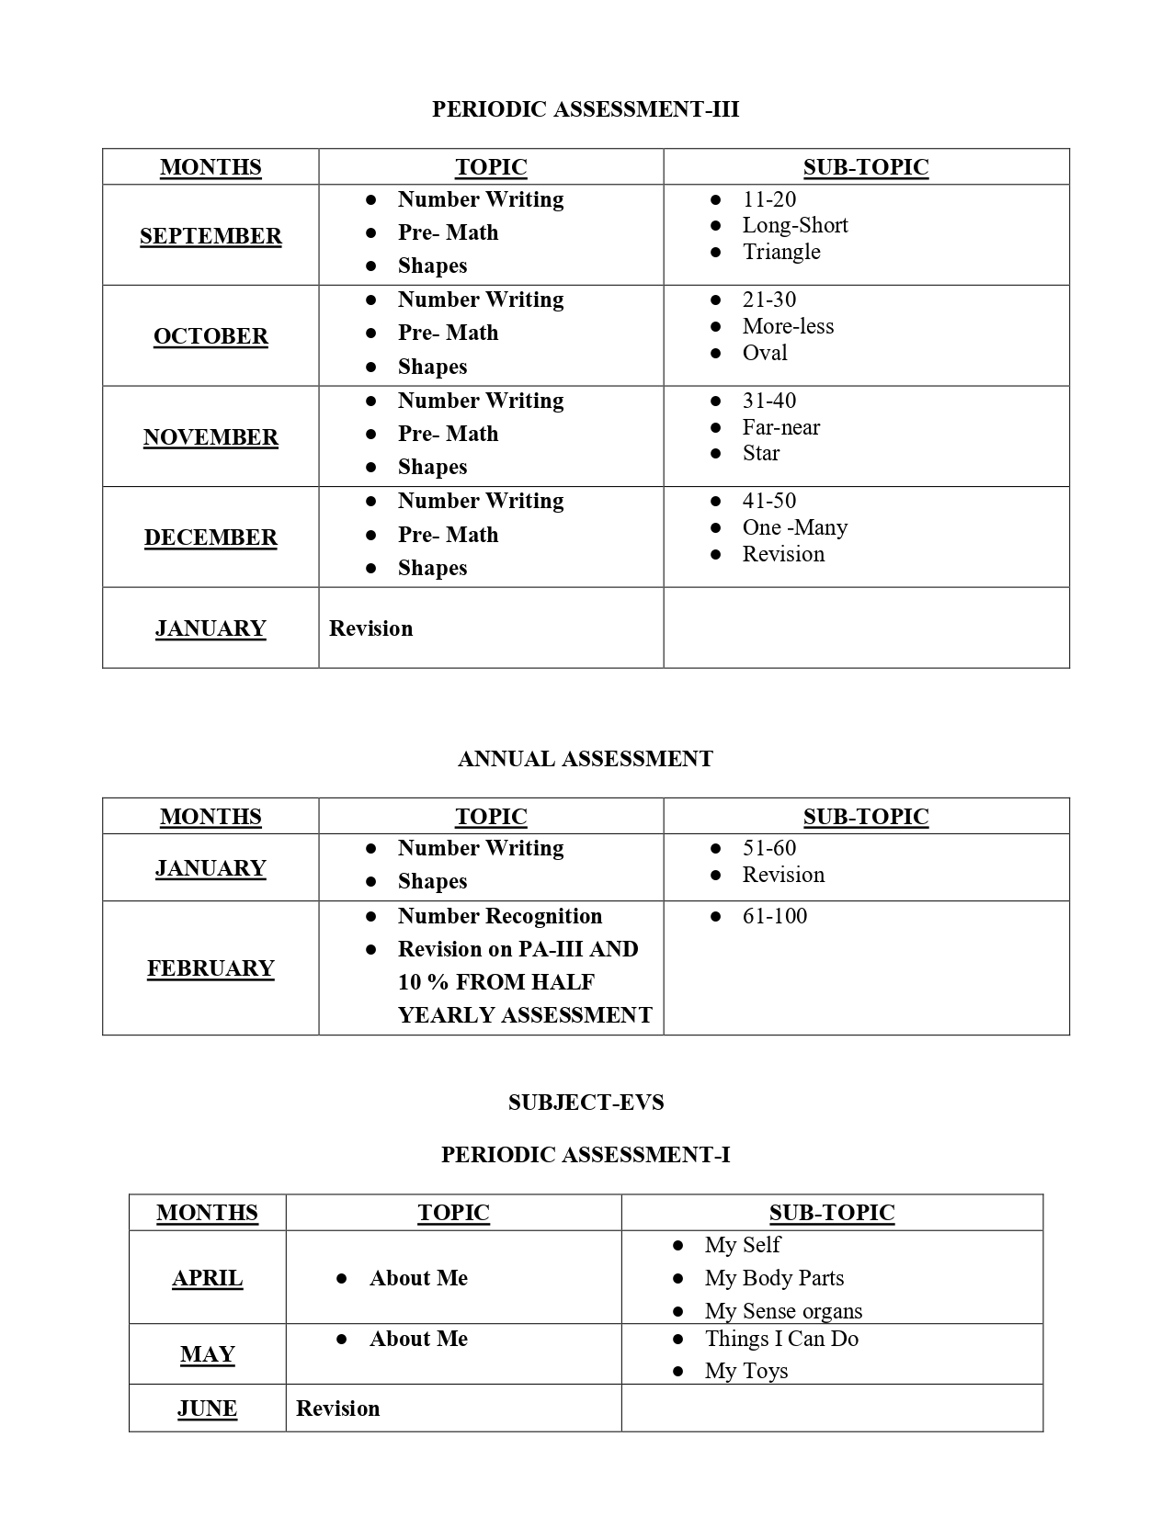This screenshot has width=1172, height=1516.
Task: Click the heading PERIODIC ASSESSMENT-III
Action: pos(586,109)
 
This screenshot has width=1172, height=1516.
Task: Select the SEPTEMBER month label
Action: pos(211,236)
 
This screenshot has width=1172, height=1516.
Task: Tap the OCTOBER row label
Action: pos(211,336)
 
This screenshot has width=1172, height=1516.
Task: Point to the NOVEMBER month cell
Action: pos(211,437)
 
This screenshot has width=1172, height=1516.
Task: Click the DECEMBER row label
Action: pos(211,537)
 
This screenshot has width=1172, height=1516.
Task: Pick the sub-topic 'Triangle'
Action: pos(781,252)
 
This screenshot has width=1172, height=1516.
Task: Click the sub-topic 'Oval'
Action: pos(765,353)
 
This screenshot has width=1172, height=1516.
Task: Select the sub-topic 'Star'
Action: pos(761,453)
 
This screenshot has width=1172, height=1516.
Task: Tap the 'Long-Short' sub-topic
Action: pos(795,225)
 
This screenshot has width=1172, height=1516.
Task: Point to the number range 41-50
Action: pos(769,501)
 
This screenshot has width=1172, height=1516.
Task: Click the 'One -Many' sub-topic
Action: pos(795,527)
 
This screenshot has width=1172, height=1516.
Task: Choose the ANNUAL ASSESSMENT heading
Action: pos(586,759)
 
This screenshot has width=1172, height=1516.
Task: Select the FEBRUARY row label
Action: pos(211,968)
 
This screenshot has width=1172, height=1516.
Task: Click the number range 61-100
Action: pos(775,916)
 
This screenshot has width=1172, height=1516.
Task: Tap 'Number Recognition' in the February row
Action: pos(500,916)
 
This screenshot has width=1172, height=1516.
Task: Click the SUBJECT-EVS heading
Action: pos(586,1103)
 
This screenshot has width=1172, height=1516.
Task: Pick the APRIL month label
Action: pos(208,1278)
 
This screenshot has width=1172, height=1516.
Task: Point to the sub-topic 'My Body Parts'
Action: pos(774,1278)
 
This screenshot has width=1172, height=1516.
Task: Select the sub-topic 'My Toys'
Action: pos(746,1371)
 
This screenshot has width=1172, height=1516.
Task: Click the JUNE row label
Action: pos(208,1409)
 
